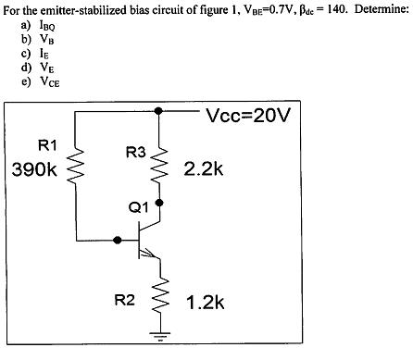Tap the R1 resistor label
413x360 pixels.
47,145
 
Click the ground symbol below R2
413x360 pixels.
162,338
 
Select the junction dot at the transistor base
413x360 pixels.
117,240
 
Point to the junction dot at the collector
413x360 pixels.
161,201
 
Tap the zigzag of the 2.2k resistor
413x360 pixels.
162,168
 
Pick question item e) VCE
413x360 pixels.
37,80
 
